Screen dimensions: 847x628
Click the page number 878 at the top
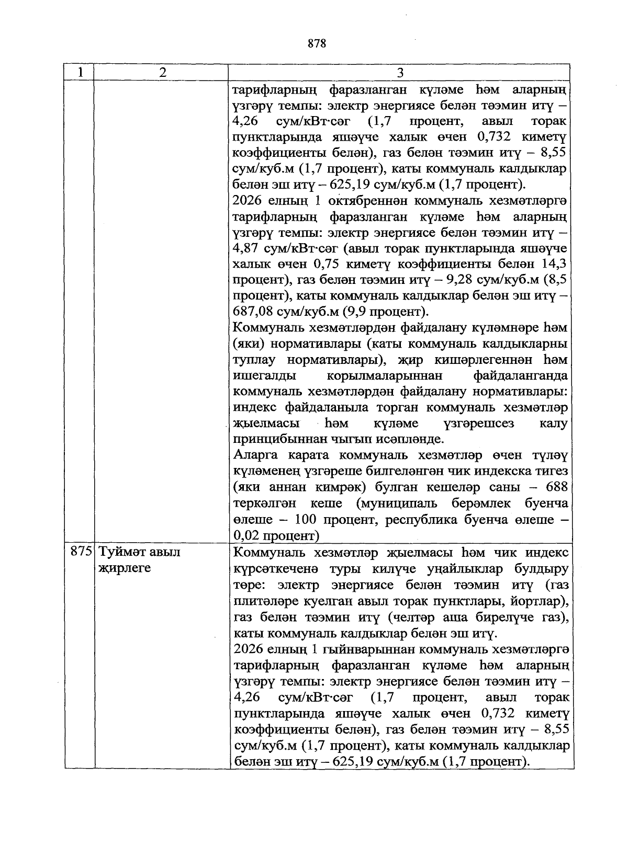tap(317, 43)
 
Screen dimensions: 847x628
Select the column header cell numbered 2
tap(163, 73)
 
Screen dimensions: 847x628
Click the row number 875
tap(82, 552)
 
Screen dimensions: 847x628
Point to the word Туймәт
tap(123, 552)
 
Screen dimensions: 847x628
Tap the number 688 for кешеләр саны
tap(556, 487)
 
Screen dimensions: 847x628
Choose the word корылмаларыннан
tap(384, 375)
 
